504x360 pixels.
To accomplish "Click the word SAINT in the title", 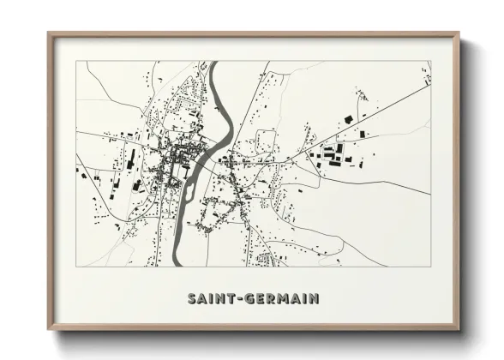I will coord(209,299).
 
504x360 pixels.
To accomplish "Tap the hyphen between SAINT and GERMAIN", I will coord(240,299).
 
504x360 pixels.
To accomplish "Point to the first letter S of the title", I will coord(190,299).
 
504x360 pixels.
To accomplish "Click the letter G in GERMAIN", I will coord(249,299).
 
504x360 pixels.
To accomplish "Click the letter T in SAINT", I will coord(231,299).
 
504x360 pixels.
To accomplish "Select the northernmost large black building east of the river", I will coord(348,118).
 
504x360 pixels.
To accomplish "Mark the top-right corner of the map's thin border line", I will coord(430,61).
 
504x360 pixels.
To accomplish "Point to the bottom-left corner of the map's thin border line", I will coord(76,267).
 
